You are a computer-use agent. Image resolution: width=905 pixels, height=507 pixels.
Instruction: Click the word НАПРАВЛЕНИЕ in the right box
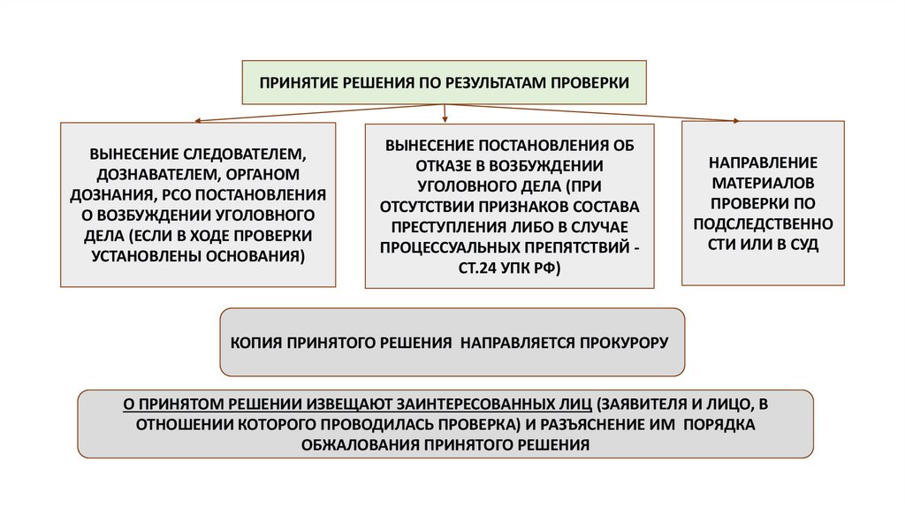763,163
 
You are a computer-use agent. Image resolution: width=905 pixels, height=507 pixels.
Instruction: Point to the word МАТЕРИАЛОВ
763,184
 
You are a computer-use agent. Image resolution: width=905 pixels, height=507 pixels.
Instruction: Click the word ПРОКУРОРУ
618,341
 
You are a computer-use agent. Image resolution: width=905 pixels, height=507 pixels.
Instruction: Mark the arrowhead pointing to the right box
736,120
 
